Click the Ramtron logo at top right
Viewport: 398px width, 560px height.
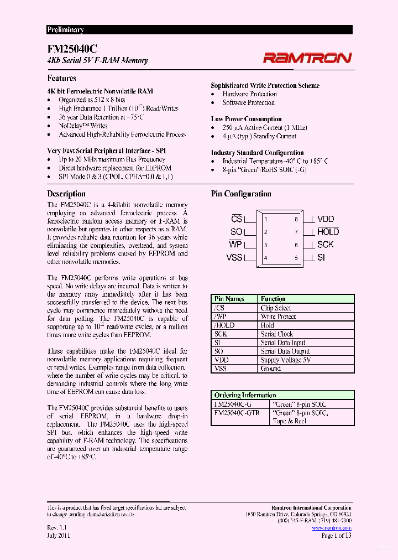[306, 58]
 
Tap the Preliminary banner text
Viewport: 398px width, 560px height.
[65, 30]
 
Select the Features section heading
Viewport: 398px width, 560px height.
[61, 79]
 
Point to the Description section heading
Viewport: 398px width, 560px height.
[66, 194]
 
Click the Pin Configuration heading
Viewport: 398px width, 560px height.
[241, 194]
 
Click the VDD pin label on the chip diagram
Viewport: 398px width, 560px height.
[326, 219]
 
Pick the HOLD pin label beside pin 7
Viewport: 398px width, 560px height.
[328, 232]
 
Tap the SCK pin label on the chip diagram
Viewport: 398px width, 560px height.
[326, 245]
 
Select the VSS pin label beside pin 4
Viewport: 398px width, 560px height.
[234, 257]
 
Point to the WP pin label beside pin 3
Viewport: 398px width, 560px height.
[236, 245]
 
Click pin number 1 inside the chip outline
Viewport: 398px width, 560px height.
[266, 220]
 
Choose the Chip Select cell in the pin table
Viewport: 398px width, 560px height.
[276, 308]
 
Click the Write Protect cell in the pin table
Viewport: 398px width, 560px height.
[278, 317]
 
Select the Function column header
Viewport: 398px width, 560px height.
[273, 299]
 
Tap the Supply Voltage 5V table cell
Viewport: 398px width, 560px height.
[286, 360]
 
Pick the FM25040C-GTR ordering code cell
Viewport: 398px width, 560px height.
[237, 413]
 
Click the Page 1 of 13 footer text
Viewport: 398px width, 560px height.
[336, 536]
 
